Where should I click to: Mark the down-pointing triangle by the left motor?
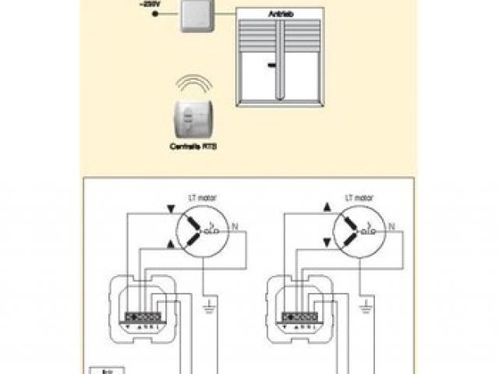[171, 209]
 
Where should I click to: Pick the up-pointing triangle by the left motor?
[171, 245]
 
